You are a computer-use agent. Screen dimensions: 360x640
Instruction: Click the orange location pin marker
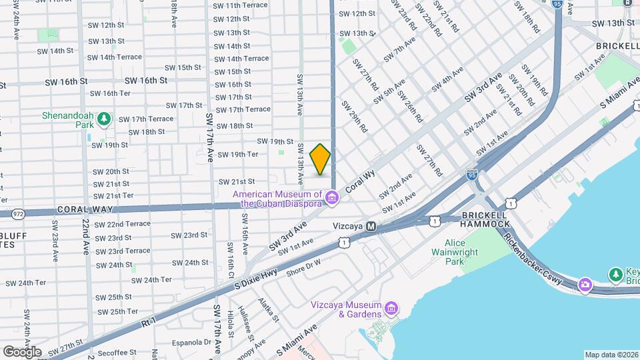(321, 159)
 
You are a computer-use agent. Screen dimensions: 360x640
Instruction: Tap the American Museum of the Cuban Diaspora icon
(332, 198)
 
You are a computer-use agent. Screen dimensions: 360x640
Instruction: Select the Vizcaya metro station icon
(371, 227)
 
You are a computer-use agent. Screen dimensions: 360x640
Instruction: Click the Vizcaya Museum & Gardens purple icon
(391, 309)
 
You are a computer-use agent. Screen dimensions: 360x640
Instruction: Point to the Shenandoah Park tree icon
(103, 119)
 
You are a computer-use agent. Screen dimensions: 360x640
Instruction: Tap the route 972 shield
(18, 213)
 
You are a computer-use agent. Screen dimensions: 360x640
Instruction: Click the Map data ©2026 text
(611, 355)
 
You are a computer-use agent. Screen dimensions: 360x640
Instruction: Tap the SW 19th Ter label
(238, 155)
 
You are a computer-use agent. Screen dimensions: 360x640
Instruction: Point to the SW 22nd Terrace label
(123, 224)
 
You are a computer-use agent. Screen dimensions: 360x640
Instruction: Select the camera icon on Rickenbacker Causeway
(585, 284)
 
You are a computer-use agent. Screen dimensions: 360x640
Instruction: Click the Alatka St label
(267, 310)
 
